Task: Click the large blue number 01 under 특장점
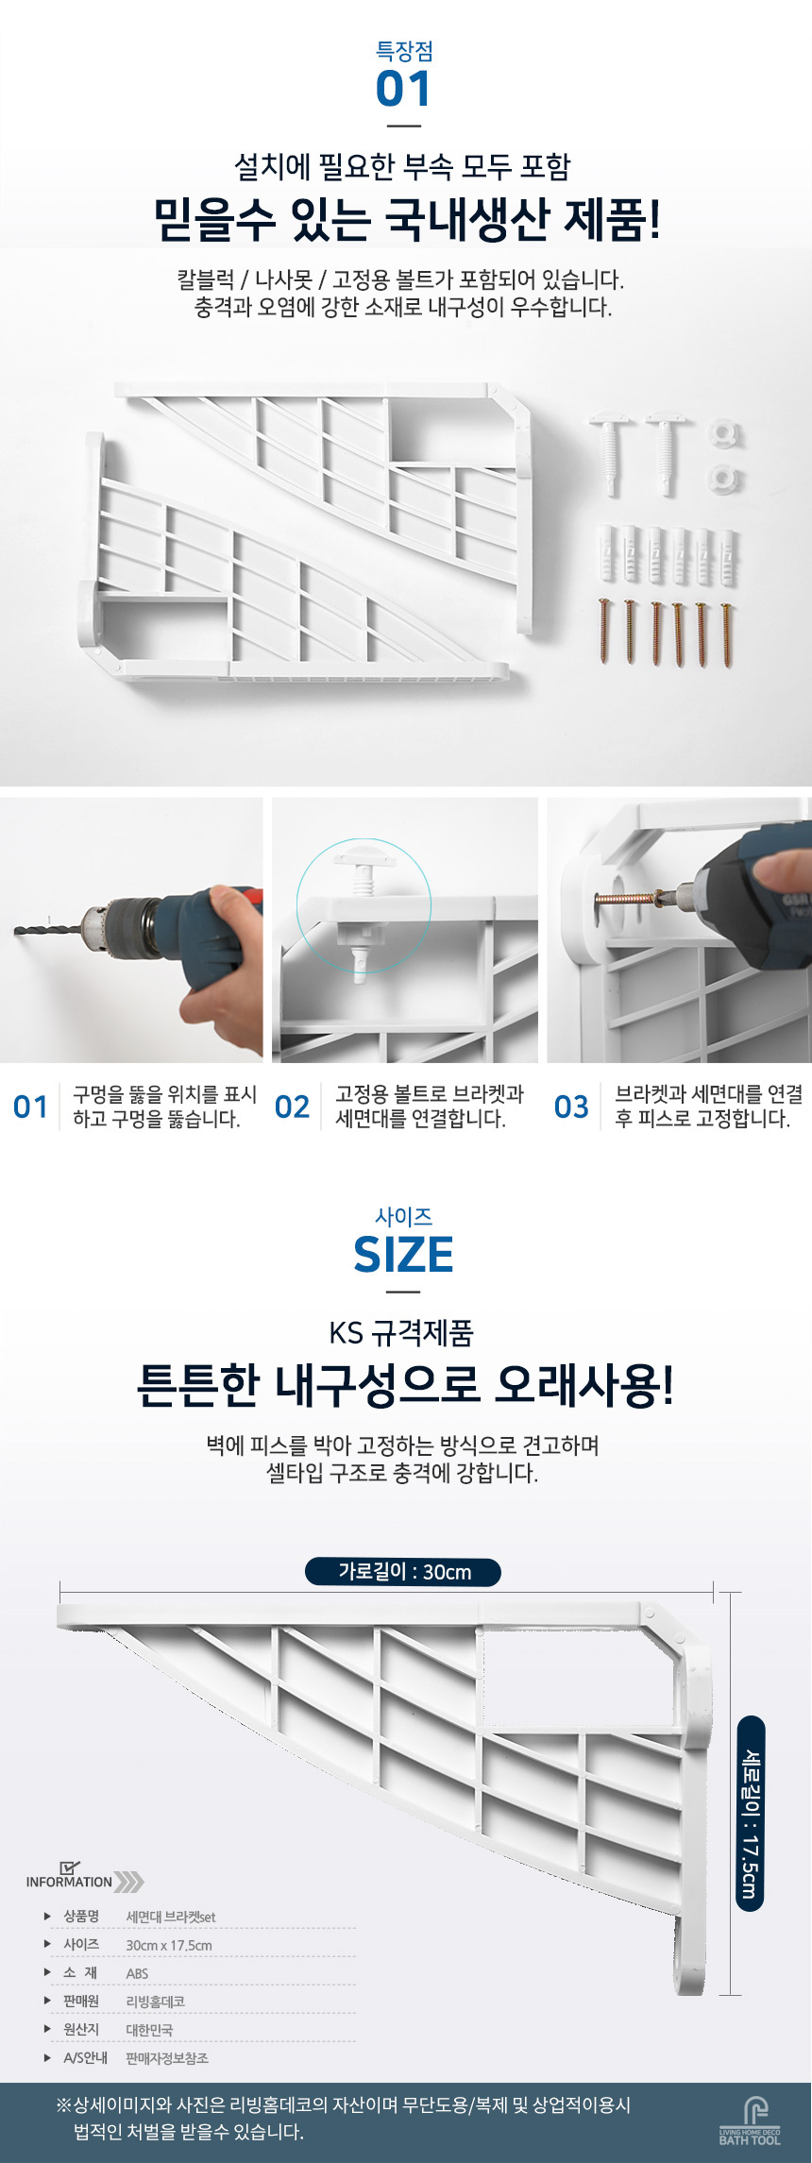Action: coord(403,90)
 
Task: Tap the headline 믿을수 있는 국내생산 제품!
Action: coord(407,220)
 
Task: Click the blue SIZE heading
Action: coord(403,1255)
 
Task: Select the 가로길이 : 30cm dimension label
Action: coord(403,1572)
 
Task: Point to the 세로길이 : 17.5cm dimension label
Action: coord(750,1814)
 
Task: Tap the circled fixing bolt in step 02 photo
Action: coord(364,906)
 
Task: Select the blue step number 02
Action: coord(292,1107)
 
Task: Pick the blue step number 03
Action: coord(571,1107)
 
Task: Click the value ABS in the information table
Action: coord(137,1973)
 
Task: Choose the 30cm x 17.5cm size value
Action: coord(169,1945)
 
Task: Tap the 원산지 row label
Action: coord(81,2029)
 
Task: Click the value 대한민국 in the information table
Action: coord(149,2030)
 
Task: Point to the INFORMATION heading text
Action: coord(69,1882)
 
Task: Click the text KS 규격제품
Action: coord(401,1333)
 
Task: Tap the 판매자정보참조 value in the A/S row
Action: coord(167,2058)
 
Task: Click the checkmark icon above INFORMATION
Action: coord(69,1867)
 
